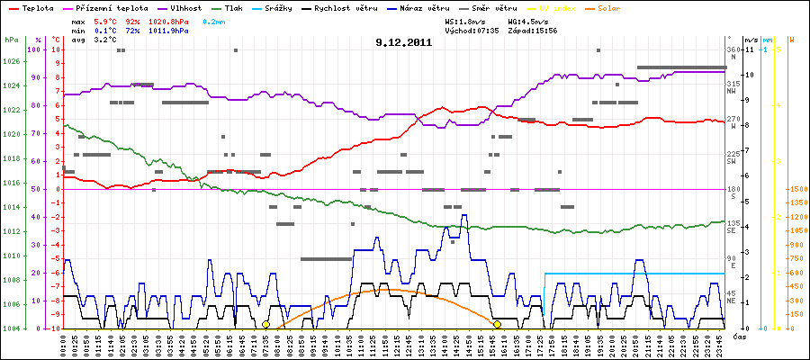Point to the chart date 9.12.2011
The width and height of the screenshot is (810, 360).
click(404, 42)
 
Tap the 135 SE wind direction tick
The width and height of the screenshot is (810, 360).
click(733, 226)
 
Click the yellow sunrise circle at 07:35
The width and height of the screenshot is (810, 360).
click(265, 324)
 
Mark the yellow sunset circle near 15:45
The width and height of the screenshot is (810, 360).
click(498, 324)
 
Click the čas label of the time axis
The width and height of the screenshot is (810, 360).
click(739, 337)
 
